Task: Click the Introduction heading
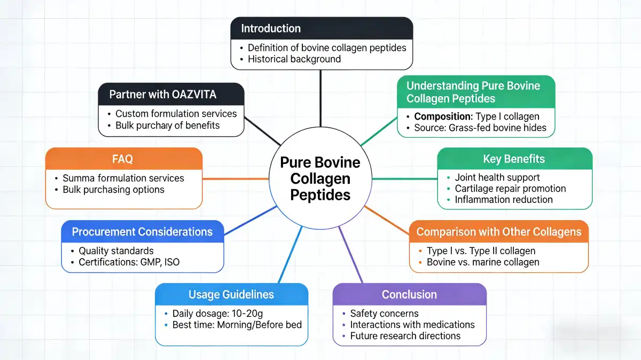click(271, 28)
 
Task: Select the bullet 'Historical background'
click(294, 59)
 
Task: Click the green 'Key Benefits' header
click(514, 159)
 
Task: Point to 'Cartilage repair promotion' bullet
click(510, 189)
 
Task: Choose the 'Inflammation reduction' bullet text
click(503, 200)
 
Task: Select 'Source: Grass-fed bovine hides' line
click(480, 128)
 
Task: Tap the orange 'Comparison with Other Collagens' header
click(499, 232)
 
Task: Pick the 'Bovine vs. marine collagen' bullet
click(483, 262)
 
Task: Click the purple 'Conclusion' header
click(409, 294)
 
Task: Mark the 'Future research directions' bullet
click(405, 336)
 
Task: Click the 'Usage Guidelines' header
click(231, 294)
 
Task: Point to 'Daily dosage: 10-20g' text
click(216, 314)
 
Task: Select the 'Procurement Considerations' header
click(142, 232)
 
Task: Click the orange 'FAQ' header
click(123, 159)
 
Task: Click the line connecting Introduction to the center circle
click(320, 99)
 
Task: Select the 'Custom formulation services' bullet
click(176, 114)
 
